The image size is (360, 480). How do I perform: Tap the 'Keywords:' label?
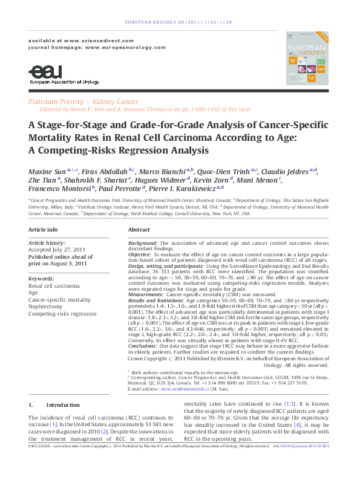pos(42,278)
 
